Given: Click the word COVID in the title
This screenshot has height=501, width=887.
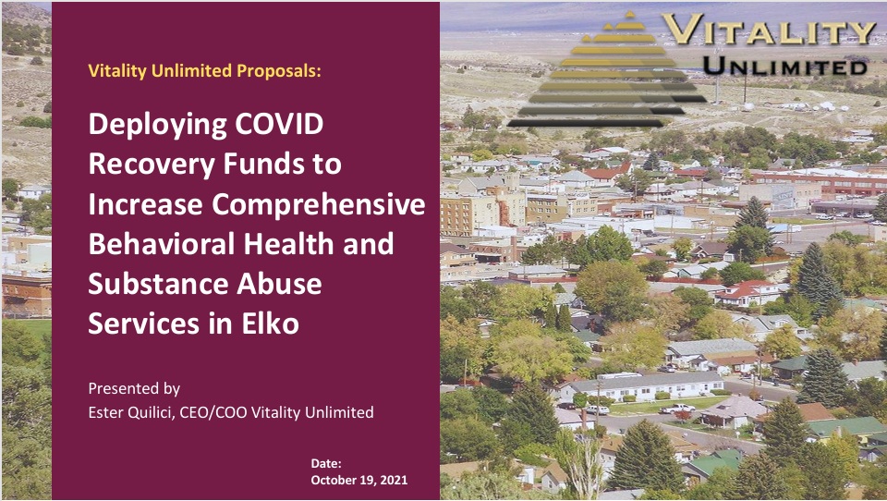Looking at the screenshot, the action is [279, 124].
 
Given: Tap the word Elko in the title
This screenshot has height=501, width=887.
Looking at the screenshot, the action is [271, 324].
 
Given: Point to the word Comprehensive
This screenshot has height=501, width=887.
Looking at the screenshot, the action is [319, 203].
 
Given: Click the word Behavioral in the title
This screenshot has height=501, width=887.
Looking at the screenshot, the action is [161, 244].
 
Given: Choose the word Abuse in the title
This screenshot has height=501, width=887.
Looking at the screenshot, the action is [279, 284].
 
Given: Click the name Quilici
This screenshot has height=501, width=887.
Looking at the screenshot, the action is [150, 412].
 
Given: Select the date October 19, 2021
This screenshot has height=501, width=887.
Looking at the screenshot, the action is [359, 480].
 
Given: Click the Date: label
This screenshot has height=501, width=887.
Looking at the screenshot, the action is [326, 464].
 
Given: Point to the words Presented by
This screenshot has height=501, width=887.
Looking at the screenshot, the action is [134, 388].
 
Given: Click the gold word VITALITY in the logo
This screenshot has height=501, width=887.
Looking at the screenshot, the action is [769, 29].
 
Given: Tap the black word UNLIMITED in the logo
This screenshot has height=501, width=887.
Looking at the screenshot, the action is [785, 67].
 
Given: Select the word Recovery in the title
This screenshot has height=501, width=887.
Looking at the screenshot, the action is [152, 165].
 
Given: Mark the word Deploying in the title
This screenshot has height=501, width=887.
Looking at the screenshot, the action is [157, 124].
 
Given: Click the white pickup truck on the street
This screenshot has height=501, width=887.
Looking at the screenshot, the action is [677, 409].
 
